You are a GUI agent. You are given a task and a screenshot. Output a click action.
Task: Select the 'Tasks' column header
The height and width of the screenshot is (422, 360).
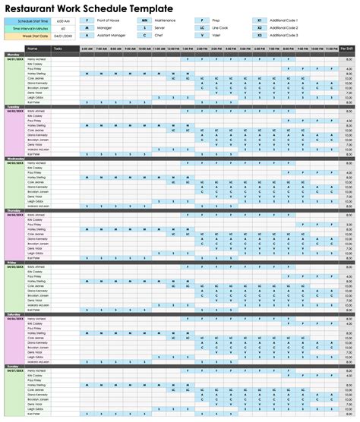(68, 48)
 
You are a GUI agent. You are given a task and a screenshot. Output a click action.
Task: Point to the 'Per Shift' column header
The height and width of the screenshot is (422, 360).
(347, 48)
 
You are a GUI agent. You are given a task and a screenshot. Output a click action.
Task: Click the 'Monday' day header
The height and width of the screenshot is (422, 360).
(14, 55)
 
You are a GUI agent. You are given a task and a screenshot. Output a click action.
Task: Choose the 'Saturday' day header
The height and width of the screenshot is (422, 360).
(14, 313)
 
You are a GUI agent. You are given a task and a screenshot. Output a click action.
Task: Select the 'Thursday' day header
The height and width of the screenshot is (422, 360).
(14, 209)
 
